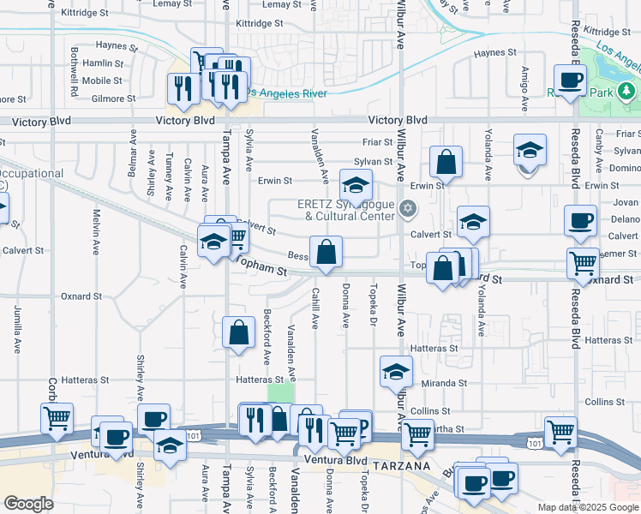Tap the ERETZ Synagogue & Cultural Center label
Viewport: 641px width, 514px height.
click(347, 210)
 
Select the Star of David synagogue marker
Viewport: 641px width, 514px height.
click(408, 207)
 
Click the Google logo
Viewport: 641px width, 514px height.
click(29, 503)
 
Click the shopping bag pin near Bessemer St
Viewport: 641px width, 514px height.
click(326, 253)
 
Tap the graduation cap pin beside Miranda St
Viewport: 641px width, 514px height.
click(396, 372)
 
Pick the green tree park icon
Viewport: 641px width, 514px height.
click(627, 90)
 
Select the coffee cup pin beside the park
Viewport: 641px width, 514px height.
click(569, 81)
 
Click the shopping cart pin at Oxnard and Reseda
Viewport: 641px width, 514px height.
click(583, 266)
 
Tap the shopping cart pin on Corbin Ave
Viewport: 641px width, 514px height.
click(57, 419)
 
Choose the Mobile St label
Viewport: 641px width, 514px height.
click(102, 81)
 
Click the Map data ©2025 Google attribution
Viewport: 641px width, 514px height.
click(588, 507)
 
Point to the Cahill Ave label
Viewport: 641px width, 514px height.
click(315, 309)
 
